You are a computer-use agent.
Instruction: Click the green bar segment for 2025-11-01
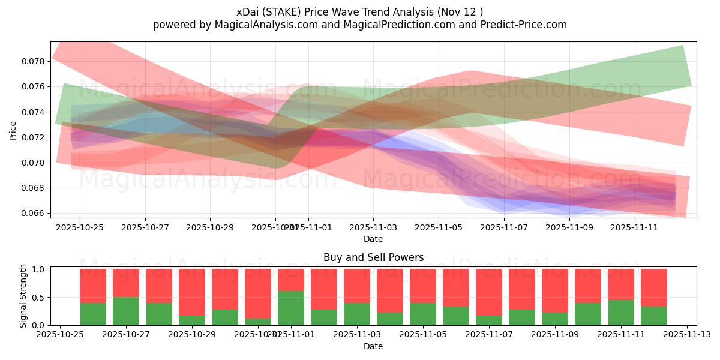(291, 308)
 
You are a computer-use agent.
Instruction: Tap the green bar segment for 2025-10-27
(126, 311)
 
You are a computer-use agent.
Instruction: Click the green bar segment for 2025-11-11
(621, 312)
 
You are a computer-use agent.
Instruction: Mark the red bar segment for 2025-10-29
(192, 292)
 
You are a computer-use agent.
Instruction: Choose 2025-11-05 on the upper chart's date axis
(439, 227)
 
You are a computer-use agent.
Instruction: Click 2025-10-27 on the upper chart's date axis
(145, 227)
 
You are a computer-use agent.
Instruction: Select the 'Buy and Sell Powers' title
(373, 257)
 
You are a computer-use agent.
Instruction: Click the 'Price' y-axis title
(13, 130)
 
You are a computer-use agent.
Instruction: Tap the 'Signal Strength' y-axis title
(24, 296)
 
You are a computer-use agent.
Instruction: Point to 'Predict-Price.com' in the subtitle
(523, 25)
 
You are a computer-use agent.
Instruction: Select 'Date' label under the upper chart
(373, 239)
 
